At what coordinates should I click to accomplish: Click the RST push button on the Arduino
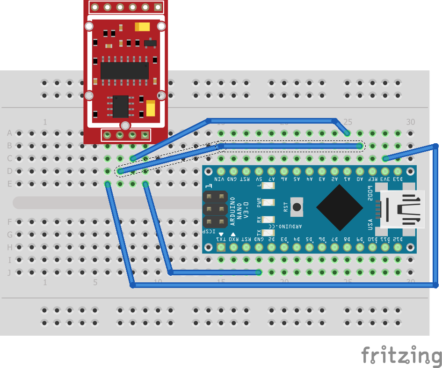297,206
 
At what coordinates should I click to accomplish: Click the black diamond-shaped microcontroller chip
340,206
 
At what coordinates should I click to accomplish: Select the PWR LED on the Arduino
268,203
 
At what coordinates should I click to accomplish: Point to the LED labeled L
268,186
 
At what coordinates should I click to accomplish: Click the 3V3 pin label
384,179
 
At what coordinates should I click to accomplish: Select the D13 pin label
398,179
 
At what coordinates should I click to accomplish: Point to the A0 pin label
359,179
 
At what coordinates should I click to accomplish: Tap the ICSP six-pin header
215,208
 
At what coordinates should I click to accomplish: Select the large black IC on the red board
124,70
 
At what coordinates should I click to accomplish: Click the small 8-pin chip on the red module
121,106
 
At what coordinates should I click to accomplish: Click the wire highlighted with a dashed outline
290,146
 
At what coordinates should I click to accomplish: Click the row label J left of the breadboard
9,272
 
